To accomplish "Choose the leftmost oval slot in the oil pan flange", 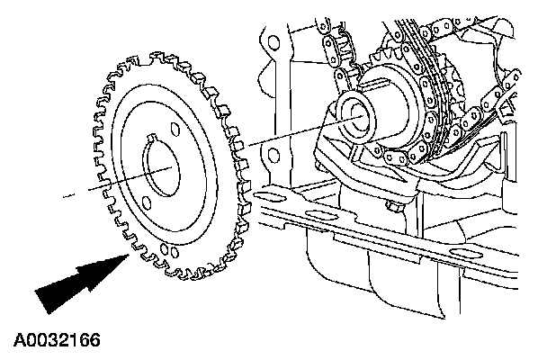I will point(317,213).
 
